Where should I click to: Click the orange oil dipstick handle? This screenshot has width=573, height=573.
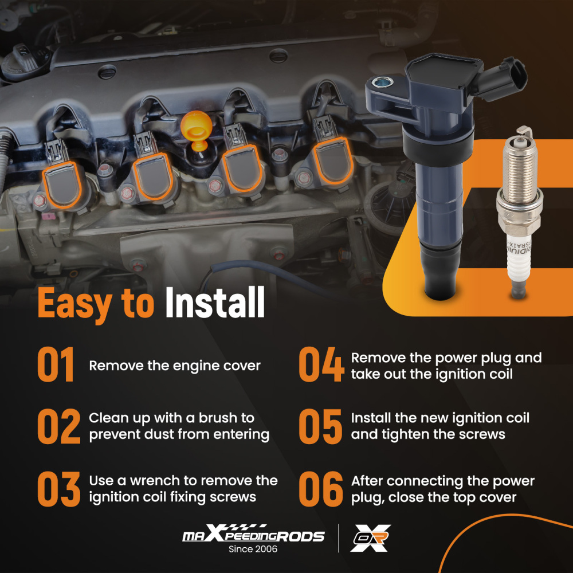tap(196, 128)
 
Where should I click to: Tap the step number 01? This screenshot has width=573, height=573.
tap(56, 364)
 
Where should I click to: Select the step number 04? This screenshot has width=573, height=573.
tap(321, 364)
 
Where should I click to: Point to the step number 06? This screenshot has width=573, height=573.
tap(321, 489)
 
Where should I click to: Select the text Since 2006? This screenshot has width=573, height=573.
tap(253, 549)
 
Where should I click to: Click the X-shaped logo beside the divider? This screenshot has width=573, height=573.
tap(371, 538)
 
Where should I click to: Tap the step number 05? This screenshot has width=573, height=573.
tap(320, 426)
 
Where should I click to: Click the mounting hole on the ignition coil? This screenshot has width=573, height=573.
tap(383, 82)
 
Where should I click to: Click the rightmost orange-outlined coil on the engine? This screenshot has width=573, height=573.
tap(333, 160)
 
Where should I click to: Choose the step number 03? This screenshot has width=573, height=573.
tap(59, 489)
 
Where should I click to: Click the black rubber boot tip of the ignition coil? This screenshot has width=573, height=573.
tap(440, 272)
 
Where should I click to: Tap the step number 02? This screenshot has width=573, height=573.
tap(59, 426)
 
